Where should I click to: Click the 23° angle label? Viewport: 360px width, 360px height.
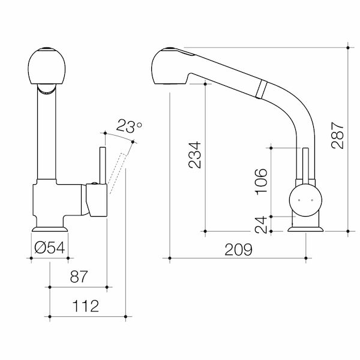click(129, 127)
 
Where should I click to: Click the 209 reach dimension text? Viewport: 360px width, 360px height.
click(238, 248)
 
